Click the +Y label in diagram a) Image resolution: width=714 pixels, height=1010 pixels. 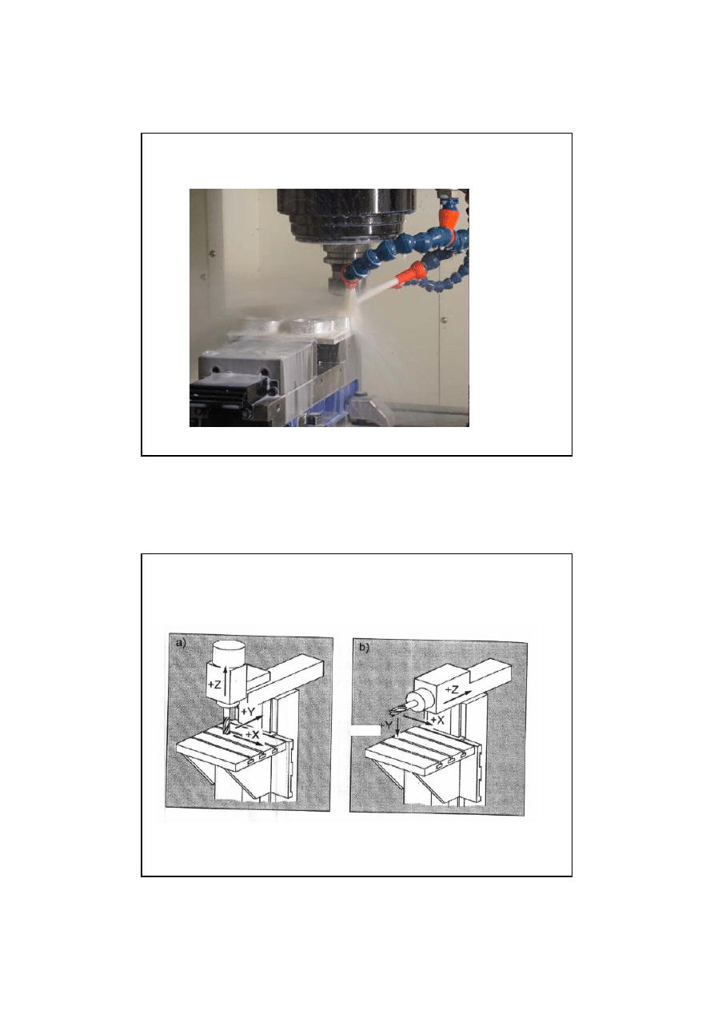pos(248,712)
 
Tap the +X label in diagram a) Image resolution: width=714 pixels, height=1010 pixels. pos(253,734)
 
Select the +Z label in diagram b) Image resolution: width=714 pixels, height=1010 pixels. pos(452,690)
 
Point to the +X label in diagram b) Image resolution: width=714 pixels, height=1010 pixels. pos(437,720)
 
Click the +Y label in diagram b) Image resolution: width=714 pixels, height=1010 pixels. pos(387,725)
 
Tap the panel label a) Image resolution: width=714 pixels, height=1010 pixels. pos(181,644)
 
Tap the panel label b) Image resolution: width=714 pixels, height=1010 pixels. pos(365,648)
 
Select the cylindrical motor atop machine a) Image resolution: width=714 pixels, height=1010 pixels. pos(229,652)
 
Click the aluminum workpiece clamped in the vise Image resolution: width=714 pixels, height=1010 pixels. pos(289,328)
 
